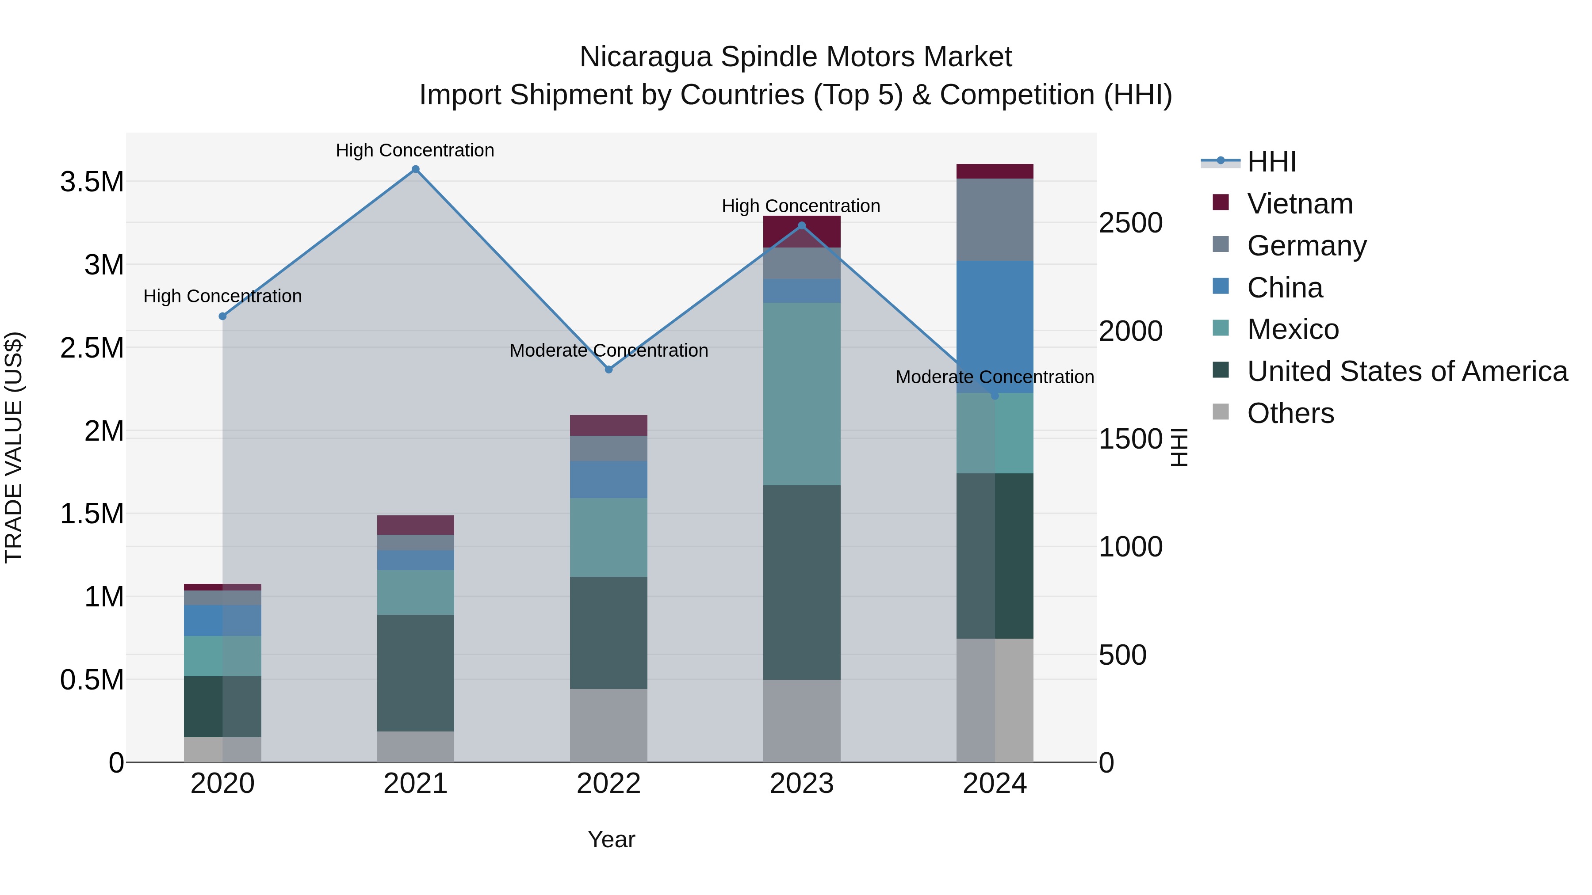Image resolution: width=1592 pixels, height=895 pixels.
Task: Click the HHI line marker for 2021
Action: click(x=415, y=169)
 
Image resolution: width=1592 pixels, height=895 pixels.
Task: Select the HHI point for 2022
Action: click(x=609, y=369)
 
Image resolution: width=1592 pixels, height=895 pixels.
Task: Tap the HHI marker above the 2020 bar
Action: click(x=222, y=316)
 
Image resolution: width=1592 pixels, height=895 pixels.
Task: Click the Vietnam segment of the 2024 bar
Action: click(x=995, y=171)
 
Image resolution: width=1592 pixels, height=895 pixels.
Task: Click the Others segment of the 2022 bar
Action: click(x=609, y=725)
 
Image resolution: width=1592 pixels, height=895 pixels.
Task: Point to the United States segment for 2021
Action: click(x=415, y=673)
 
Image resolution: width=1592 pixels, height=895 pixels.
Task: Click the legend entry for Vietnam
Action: click(x=1300, y=204)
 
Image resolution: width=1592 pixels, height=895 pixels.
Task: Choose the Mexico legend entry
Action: click(x=1293, y=329)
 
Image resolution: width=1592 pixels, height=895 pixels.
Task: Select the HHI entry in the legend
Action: click(x=1271, y=162)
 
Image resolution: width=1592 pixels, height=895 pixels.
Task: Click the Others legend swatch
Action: click(x=1221, y=412)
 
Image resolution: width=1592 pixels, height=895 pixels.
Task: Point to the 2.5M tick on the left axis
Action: click(x=92, y=348)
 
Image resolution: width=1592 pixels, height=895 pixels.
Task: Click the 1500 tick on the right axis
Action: click(x=1130, y=439)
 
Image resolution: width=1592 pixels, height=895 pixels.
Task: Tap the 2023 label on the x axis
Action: click(x=802, y=784)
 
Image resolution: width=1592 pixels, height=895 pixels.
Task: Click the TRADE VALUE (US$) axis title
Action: click(x=14, y=447)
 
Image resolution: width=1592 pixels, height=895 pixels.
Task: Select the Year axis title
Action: click(x=611, y=839)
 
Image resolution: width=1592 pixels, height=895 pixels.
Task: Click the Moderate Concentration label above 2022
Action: click(x=609, y=350)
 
